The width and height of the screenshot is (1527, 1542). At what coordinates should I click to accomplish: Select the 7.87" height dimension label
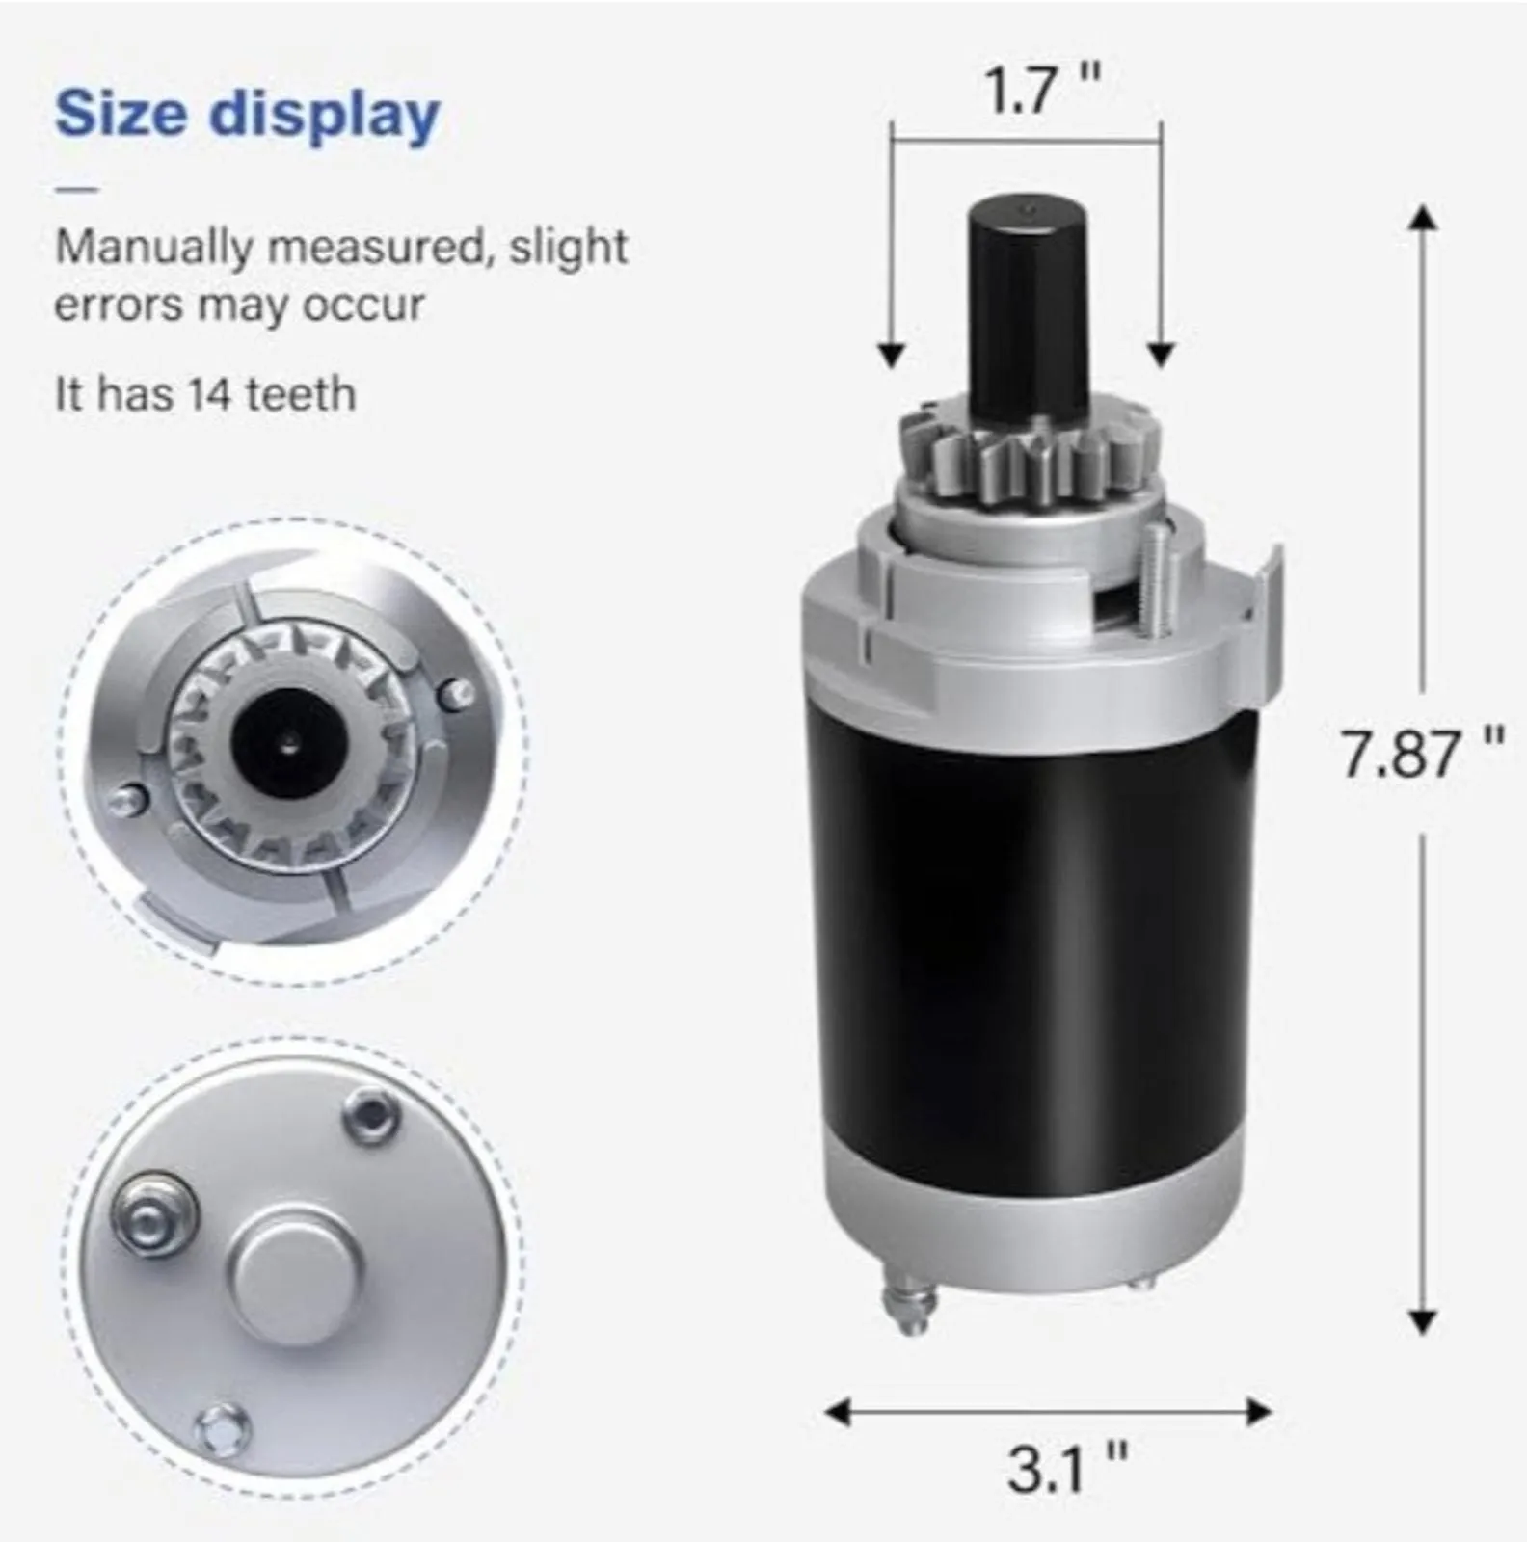(x=1422, y=754)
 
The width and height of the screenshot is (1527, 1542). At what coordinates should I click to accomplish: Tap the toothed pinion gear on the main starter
(x=1030, y=460)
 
